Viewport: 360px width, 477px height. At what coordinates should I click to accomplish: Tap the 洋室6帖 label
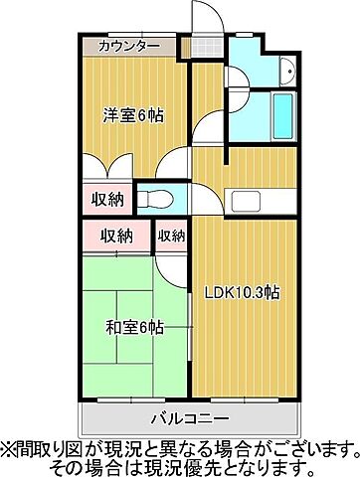132,114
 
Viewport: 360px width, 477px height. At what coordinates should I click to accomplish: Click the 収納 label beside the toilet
109,199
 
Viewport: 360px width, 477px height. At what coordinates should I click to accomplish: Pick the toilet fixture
155,199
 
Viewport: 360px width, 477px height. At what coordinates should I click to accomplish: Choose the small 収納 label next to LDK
171,236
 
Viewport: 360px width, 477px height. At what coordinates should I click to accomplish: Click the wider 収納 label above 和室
117,236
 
